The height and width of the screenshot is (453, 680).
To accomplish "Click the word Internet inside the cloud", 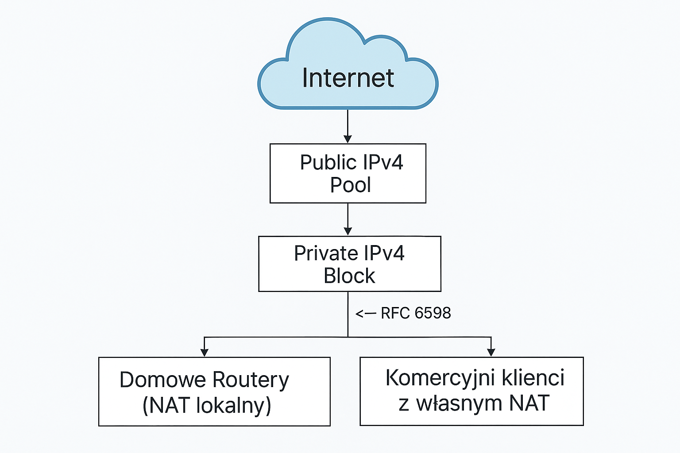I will click(348, 78).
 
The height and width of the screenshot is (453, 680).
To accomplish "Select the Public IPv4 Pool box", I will click(348, 173).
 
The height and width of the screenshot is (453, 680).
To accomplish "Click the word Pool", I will click(350, 185).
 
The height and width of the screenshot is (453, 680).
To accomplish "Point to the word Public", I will click(325, 162).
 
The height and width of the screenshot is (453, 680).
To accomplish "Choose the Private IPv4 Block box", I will click(349, 264).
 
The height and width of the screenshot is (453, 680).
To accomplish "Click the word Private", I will click(326, 253).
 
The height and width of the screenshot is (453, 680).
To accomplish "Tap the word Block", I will click(349, 276).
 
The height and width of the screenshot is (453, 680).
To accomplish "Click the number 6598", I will click(433, 313).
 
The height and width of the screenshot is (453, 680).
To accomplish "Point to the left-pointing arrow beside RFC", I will click(366, 314).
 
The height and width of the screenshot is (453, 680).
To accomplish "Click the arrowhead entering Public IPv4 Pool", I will click(348, 138).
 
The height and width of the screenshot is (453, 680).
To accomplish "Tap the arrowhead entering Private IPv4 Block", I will click(348, 231).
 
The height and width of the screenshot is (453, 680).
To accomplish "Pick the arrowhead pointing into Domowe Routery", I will click(204, 352).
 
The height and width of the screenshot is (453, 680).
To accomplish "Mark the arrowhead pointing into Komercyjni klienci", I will click(491, 352).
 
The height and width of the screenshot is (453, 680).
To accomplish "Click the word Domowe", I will click(162, 380).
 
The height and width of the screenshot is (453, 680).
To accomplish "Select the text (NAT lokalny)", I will click(207, 405).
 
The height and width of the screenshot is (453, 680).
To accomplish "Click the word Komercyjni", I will click(440, 378).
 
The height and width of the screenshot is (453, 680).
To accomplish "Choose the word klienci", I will click(533, 378).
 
